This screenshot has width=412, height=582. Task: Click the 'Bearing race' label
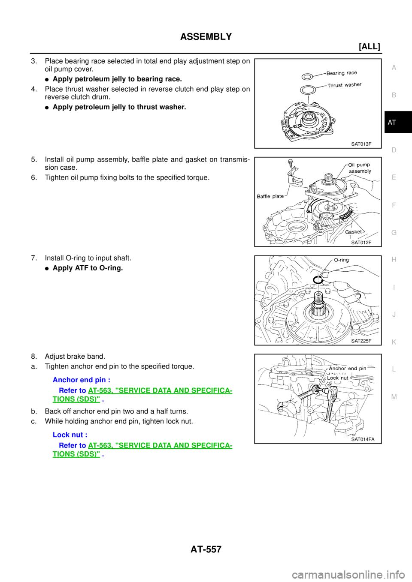point(342,73)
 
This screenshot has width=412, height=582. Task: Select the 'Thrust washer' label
point(345,85)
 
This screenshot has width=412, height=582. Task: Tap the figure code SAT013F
point(361,144)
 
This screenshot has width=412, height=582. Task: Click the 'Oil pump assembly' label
point(360,168)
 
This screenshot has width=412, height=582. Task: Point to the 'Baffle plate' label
point(270,196)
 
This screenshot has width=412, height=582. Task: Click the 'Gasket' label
point(354,232)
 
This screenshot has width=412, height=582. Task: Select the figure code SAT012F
point(361,243)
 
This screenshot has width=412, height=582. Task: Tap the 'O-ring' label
point(342,260)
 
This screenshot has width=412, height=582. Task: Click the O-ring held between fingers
point(317,279)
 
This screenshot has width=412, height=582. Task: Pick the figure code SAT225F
point(361,341)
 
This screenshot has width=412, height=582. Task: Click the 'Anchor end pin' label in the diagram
point(348,369)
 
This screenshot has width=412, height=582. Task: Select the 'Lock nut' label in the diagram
point(338,378)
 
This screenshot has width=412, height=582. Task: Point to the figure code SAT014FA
point(363,439)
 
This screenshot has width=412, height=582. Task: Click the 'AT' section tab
point(392,123)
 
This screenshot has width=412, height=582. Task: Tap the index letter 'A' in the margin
point(394,68)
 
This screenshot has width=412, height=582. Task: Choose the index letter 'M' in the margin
point(394,397)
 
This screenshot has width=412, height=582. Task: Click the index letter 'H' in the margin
point(394,260)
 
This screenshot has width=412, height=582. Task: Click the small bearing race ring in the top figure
point(307,77)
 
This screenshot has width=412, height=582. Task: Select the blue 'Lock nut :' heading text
point(70,435)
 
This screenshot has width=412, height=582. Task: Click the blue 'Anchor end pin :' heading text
point(82,380)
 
